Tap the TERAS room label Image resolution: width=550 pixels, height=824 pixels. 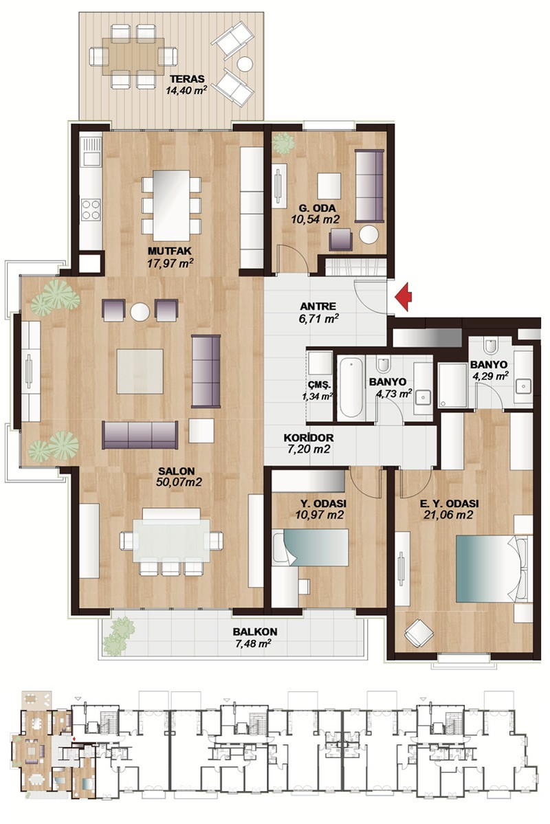tap(187, 79)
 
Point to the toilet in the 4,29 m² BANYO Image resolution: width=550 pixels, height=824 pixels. tap(491, 346)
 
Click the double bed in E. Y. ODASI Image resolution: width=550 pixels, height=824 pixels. tap(491, 568)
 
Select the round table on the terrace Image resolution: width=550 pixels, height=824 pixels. tap(245, 64)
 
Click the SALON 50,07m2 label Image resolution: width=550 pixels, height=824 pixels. tap(179, 477)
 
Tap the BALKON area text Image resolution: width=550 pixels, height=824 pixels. tap(255, 637)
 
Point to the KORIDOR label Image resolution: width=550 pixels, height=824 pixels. tap(309, 438)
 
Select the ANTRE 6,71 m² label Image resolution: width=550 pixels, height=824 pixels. tap(318, 311)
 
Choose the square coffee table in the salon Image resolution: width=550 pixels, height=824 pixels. tap(140, 371)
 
